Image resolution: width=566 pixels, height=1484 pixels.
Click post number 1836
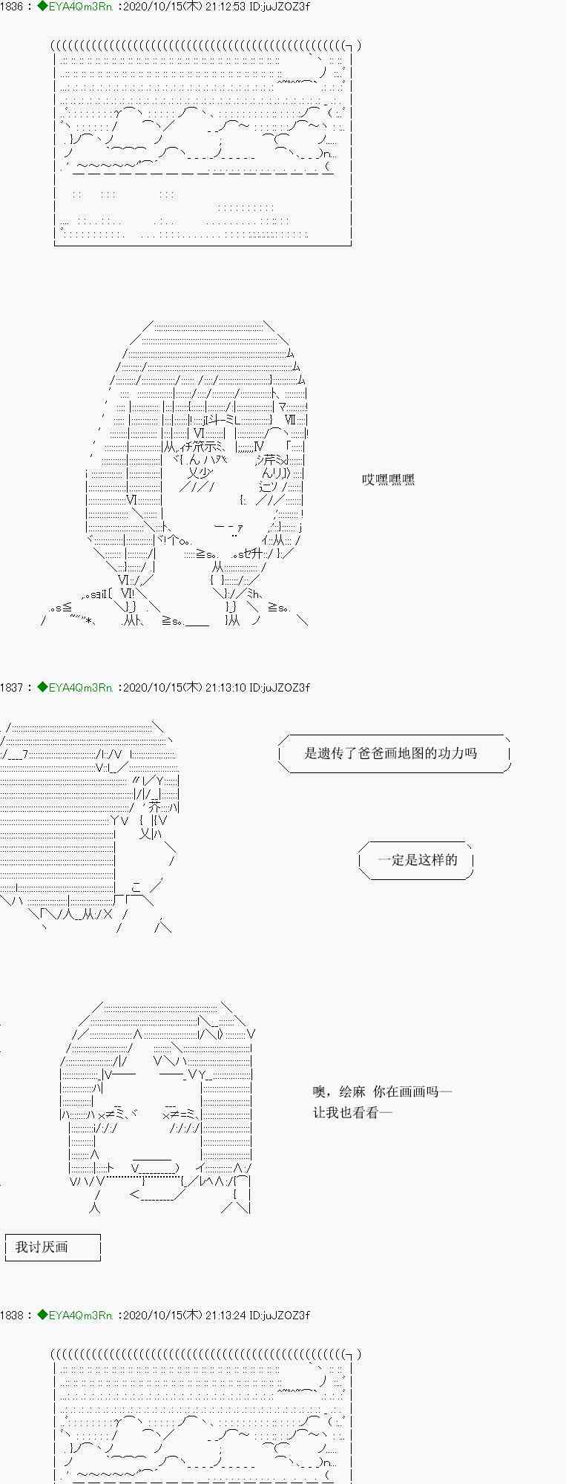[12, 7]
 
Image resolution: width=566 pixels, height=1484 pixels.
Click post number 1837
[12, 688]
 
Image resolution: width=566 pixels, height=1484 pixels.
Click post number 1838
[12, 1316]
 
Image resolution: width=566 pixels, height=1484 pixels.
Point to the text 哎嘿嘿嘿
[388, 480]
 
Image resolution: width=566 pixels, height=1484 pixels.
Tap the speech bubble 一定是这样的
[417, 860]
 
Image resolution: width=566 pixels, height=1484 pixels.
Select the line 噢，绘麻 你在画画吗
[382, 1091]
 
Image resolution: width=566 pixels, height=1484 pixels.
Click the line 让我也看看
[352, 1112]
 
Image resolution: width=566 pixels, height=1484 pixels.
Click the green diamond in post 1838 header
[42, 1316]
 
